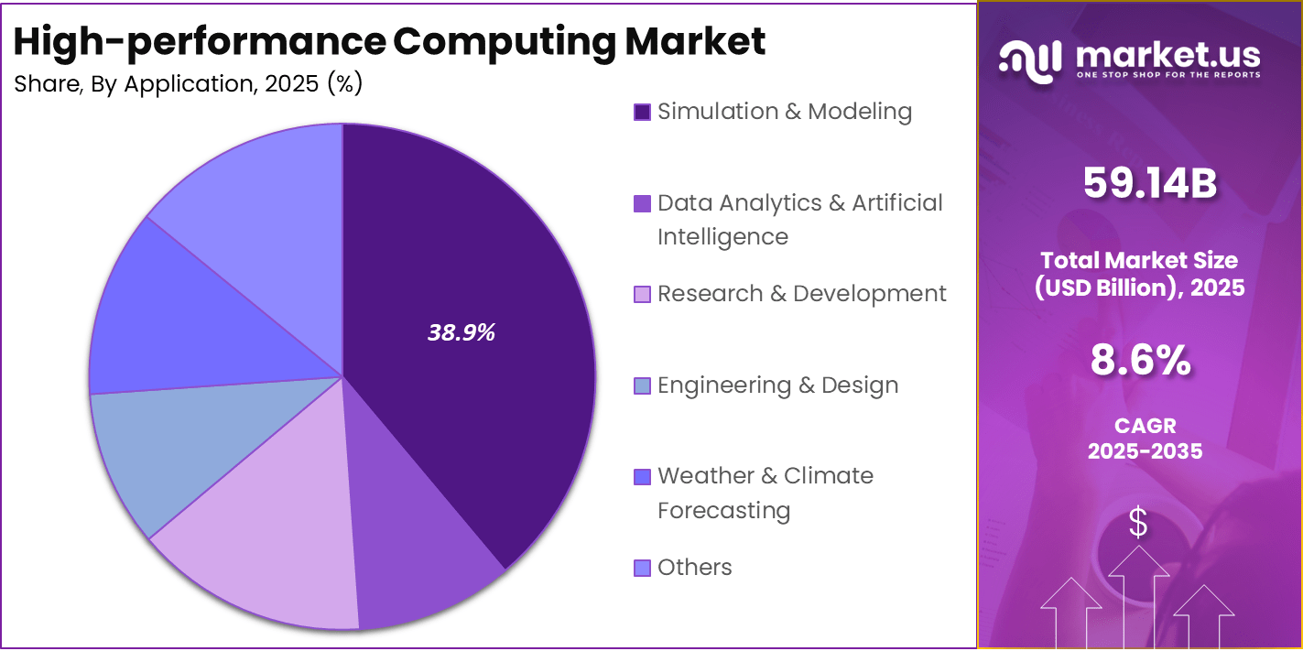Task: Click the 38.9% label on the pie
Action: pos(461,333)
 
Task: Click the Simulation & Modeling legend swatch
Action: pos(642,113)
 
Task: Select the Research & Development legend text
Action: pos(801,294)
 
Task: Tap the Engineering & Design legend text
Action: pos(777,385)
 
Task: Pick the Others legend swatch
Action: pos(642,568)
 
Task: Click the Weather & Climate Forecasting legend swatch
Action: pos(642,477)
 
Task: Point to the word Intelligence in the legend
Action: pos(722,237)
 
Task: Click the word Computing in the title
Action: pos(505,42)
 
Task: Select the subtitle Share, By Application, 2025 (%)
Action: pos(189,84)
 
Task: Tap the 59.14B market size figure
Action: pos(1149,183)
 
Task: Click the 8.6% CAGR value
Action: pos(1140,361)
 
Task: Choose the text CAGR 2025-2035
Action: pos(1145,439)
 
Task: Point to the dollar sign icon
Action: pos(1138,524)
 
